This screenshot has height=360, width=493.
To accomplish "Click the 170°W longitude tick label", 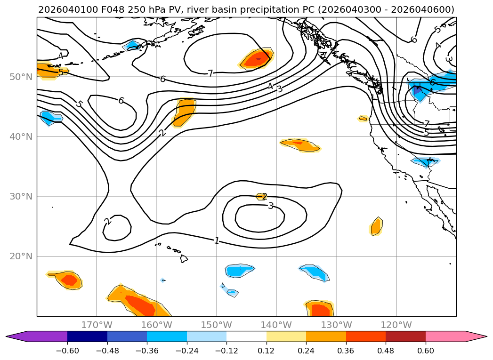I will point(97,325).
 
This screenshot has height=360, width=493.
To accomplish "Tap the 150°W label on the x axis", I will point(217,325).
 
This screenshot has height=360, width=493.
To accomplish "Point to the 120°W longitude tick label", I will point(396,325).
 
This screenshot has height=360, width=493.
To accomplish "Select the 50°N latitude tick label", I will point(21,77).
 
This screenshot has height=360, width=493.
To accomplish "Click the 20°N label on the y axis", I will point(21,256).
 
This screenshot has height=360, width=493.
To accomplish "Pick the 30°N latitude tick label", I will point(21,197).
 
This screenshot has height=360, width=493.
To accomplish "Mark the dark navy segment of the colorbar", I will point(87,336).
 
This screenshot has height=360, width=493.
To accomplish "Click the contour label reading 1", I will point(216,241).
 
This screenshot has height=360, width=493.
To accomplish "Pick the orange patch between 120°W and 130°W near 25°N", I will point(376,227).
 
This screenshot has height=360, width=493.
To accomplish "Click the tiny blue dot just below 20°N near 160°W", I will point(162,280).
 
